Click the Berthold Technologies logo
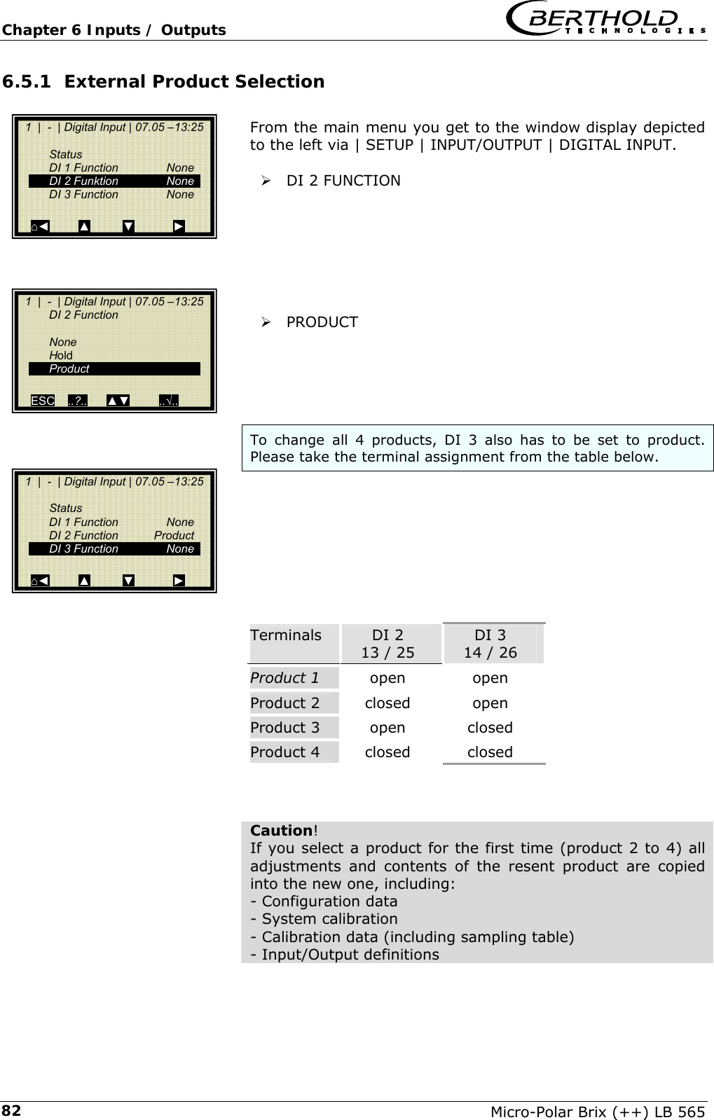tap(605, 20)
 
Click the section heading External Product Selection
tap(163, 82)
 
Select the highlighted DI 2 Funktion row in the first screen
tap(114, 181)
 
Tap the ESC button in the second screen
tap(43, 401)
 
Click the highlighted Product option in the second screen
tap(114, 369)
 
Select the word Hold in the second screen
tap(61, 356)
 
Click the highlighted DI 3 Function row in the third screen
tap(114, 549)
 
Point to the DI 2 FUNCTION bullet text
tap(343, 181)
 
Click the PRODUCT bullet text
tap(322, 322)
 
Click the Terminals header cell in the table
tap(286, 636)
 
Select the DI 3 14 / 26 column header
tap(490, 644)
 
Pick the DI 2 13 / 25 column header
tap(387, 644)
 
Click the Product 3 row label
tap(284, 728)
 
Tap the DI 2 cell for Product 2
tap(387, 703)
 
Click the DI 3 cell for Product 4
tap(490, 752)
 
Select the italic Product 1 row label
tap(284, 678)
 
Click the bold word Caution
tap(281, 831)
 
